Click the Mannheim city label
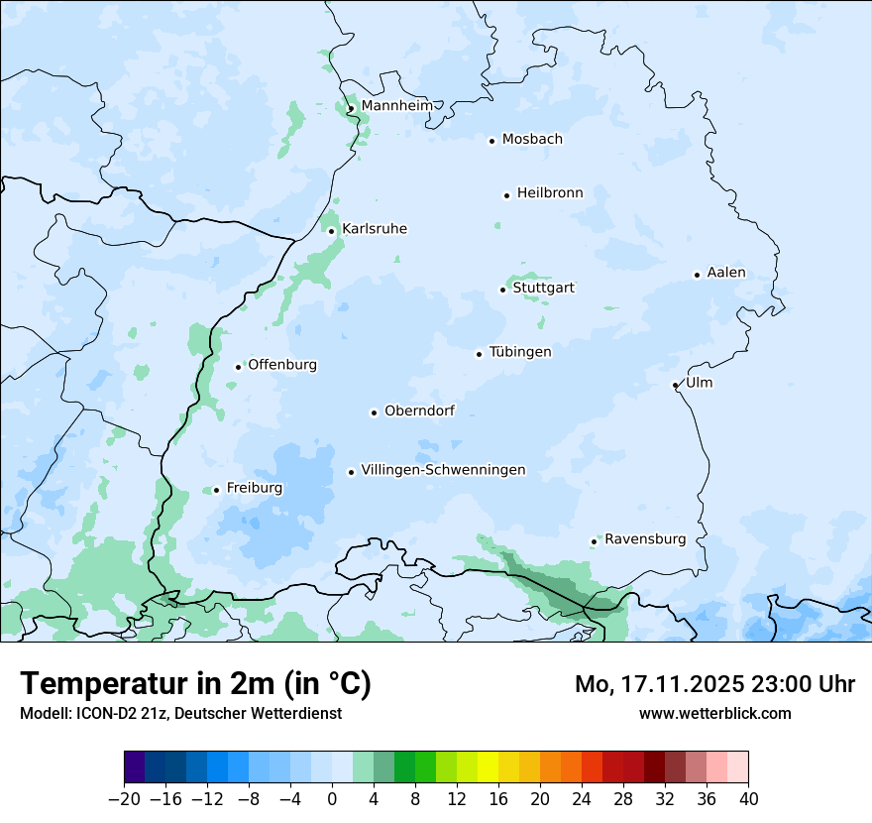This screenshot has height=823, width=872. (396, 106)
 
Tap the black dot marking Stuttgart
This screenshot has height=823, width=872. (502, 290)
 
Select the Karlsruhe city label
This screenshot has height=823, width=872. (374, 229)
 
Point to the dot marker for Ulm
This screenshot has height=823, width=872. (675, 385)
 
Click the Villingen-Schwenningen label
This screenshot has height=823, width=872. (443, 470)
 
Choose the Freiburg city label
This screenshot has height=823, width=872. (254, 488)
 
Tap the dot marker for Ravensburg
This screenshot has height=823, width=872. (594, 541)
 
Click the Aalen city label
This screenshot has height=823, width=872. (726, 273)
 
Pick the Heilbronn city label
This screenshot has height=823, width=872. (550, 193)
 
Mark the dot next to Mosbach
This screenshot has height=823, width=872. (491, 141)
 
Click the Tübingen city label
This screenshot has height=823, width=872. (520, 352)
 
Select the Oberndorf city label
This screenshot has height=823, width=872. (419, 411)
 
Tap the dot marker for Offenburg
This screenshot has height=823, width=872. (238, 367)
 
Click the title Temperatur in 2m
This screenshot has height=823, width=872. (196, 684)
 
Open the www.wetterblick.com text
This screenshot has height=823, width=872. (714, 713)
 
